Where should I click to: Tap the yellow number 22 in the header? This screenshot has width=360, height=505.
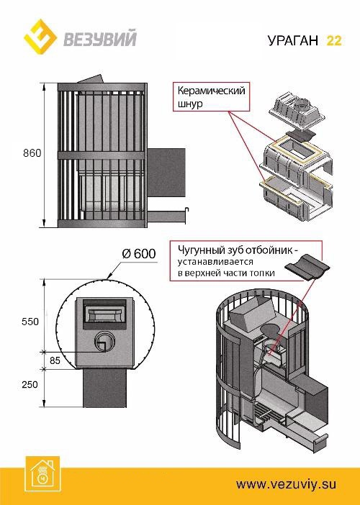334,40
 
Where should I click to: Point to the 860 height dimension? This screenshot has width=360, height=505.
32,153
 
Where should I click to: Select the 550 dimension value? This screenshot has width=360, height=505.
30,322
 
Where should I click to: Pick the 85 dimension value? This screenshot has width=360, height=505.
55,360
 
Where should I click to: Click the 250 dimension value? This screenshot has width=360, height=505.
30,385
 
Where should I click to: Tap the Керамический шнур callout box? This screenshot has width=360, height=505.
210,97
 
